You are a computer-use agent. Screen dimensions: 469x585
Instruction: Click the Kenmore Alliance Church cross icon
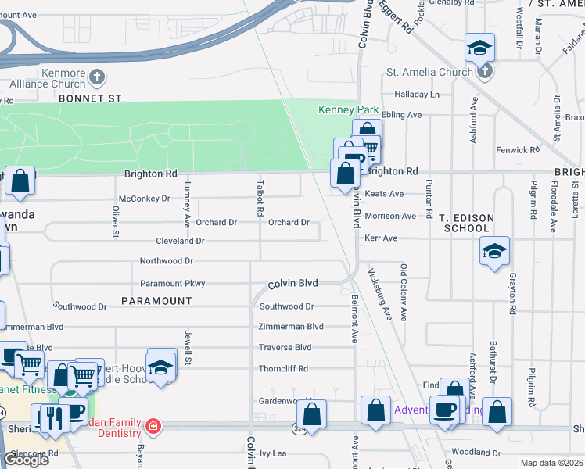[x=96, y=77]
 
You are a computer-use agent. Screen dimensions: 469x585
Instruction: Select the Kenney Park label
[x=349, y=110]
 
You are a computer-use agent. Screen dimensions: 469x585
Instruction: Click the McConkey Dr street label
[x=144, y=199]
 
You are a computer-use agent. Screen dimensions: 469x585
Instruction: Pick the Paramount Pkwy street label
[x=172, y=284]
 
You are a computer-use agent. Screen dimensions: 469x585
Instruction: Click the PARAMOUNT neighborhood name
[x=156, y=301]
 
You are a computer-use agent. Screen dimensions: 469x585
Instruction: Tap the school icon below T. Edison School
[x=494, y=252]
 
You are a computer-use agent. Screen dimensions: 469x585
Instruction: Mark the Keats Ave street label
[x=384, y=194]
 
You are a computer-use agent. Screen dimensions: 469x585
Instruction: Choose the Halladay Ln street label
[x=417, y=94]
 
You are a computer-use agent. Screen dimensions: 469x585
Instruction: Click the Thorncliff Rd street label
[x=283, y=368]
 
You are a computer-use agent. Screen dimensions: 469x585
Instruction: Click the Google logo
[x=26, y=460]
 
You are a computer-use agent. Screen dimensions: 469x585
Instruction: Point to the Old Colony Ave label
[x=404, y=281]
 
